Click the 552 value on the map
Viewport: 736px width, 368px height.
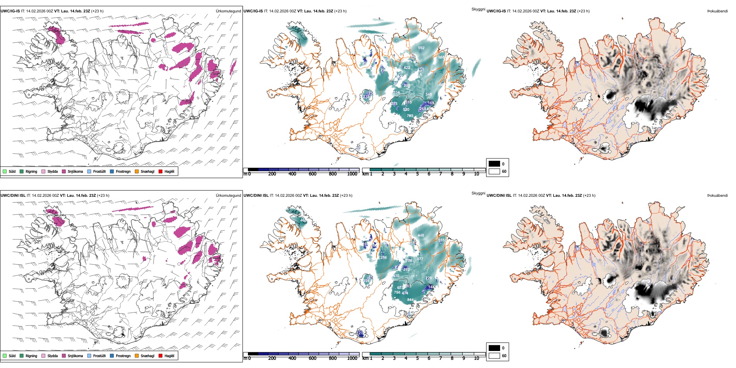point(421,48)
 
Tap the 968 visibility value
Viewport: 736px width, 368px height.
point(441,57)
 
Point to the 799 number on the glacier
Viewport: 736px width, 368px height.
point(410,116)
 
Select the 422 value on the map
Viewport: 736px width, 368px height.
point(407,68)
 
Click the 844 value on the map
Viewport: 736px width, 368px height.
point(410,300)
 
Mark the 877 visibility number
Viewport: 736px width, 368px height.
point(420,259)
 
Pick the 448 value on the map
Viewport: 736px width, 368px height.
point(421,236)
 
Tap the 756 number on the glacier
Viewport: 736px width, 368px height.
point(397,292)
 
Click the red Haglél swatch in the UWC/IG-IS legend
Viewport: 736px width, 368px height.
point(160,171)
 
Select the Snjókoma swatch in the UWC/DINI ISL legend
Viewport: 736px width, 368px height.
point(64,356)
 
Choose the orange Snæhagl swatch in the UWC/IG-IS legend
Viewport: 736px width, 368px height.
point(137,171)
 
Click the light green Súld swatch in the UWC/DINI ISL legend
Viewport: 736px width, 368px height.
point(5,356)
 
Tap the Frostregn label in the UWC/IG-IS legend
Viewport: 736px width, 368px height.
point(123,172)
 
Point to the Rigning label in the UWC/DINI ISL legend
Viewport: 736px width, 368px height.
point(31,356)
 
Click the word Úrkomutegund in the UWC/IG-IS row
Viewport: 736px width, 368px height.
point(228,11)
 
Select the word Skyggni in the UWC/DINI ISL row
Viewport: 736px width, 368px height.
point(478,193)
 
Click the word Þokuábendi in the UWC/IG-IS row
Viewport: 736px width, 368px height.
point(717,11)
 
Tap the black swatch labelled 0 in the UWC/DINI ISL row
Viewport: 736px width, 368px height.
point(494,348)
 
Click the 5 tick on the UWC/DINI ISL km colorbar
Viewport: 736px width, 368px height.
point(417,358)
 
